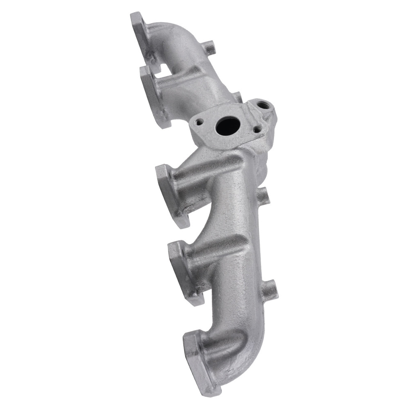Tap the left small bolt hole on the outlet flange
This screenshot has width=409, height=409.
199,121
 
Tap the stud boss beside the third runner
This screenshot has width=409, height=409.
264,196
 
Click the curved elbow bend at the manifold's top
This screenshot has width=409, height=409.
184,39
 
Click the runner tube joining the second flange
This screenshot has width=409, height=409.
184,88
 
